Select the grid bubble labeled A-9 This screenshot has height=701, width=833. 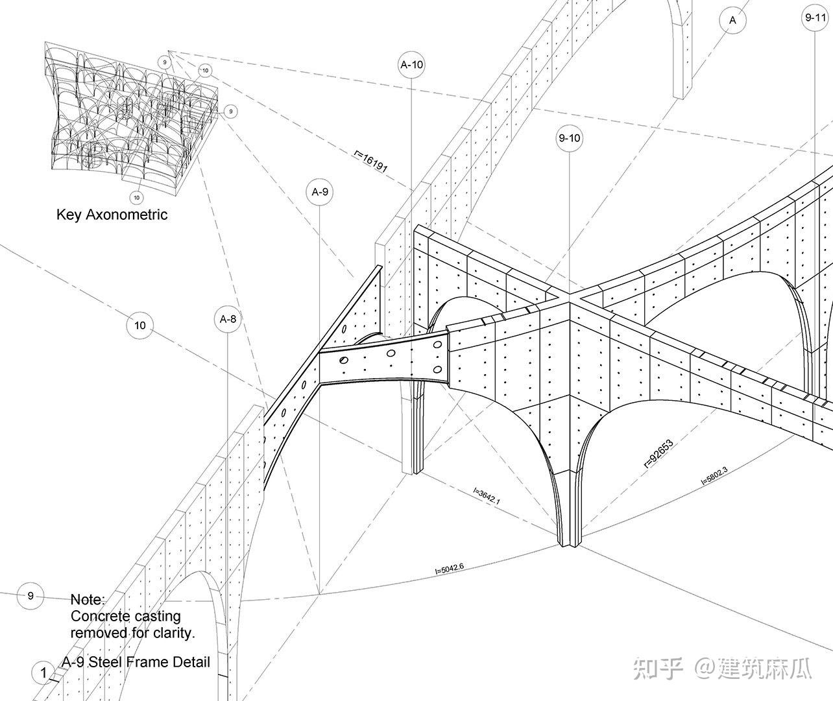point(320,192)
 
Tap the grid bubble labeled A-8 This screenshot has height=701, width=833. point(228,319)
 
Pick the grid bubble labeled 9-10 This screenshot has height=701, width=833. point(569,137)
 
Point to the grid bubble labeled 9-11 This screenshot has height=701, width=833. point(815,18)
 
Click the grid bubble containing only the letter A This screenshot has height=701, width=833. point(733,20)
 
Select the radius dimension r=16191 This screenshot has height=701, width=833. point(371,161)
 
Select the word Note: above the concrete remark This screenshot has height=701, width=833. point(87,599)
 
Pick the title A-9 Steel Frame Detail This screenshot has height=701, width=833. point(136,662)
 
